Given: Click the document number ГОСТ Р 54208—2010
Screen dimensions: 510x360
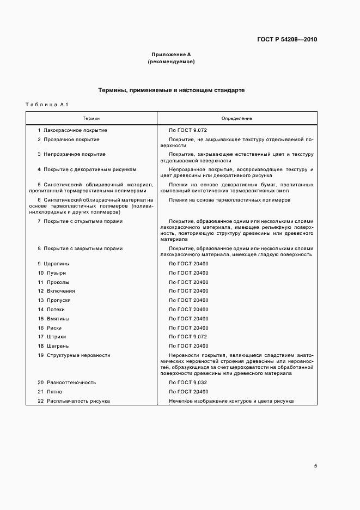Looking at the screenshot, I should coord(287,40).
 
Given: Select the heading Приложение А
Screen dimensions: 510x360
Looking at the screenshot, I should coord(171,54).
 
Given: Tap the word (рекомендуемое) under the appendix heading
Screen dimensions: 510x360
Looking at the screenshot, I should coord(171,62).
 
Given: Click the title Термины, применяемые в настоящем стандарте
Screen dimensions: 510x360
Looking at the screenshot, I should coord(171,90).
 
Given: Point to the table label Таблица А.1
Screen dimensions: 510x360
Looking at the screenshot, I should coord(45,104).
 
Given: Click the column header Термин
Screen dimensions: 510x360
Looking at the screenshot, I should coord(91,118).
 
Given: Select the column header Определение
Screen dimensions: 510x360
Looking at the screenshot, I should coord(236,118).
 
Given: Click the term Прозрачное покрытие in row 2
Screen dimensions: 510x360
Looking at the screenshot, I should coord(72,139).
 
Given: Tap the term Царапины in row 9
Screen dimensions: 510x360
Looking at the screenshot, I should coord(58,264).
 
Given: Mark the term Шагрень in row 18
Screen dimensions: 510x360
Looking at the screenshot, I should coord(58,346).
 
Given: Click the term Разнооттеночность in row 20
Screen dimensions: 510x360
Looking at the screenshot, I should coord(69,382).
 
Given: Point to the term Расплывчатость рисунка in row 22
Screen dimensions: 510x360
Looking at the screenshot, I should coord(78,401).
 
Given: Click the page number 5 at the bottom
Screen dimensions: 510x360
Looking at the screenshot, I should coord(315,466).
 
